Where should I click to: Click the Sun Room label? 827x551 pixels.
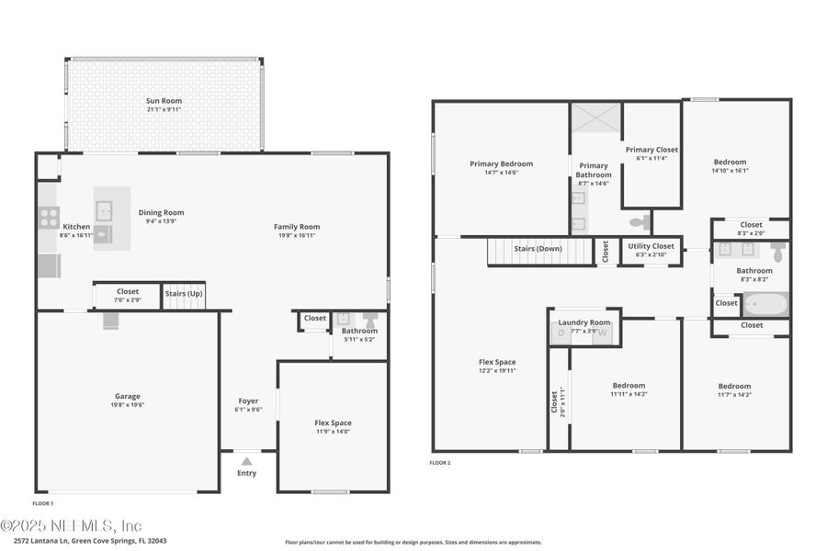pyautogui.click(x=164, y=101)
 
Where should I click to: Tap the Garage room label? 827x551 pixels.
pyautogui.click(x=127, y=397)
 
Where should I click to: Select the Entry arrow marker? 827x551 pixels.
pyautogui.click(x=246, y=461)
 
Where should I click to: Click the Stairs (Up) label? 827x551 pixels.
pyautogui.click(x=184, y=293)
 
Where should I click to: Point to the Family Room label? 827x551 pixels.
pyautogui.click(x=297, y=227)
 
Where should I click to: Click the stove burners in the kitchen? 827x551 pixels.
pyautogui.click(x=49, y=218)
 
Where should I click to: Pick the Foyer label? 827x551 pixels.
pyautogui.click(x=248, y=401)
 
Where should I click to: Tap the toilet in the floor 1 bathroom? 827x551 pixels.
pyautogui.click(x=370, y=320)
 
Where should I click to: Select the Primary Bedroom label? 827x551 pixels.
pyautogui.click(x=501, y=164)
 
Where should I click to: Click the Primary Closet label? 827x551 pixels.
pyautogui.click(x=651, y=150)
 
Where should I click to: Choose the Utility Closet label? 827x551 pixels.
pyautogui.click(x=651, y=246)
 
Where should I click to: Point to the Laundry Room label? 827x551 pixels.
pyautogui.click(x=584, y=322)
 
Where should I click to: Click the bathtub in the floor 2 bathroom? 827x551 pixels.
pyautogui.click(x=765, y=303)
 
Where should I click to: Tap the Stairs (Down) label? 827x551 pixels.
pyautogui.click(x=538, y=249)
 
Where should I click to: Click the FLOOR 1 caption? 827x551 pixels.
pyautogui.click(x=43, y=503)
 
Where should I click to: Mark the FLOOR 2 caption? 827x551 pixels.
pyautogui.click(x=440, y=463)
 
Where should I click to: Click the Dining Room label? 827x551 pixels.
pyautogui.click(x=161, y=213)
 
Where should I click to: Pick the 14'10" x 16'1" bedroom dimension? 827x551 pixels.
pyautogui.click(x=730, y=170)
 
